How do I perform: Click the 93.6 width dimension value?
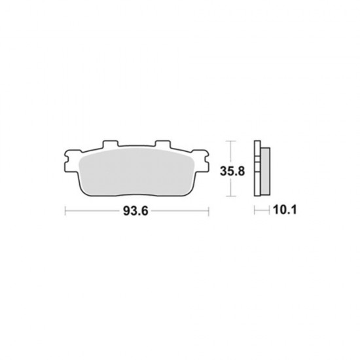(135, 211)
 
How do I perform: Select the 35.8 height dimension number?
(232, 171)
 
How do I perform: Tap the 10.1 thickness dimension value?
(285, 210)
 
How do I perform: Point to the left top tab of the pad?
(110, 144)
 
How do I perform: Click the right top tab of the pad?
(163, 144)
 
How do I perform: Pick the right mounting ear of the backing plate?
(202, 161)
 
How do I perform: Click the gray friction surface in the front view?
(137, 171)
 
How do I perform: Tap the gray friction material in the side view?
(265, 171)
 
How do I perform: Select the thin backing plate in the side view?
(257, 168)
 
